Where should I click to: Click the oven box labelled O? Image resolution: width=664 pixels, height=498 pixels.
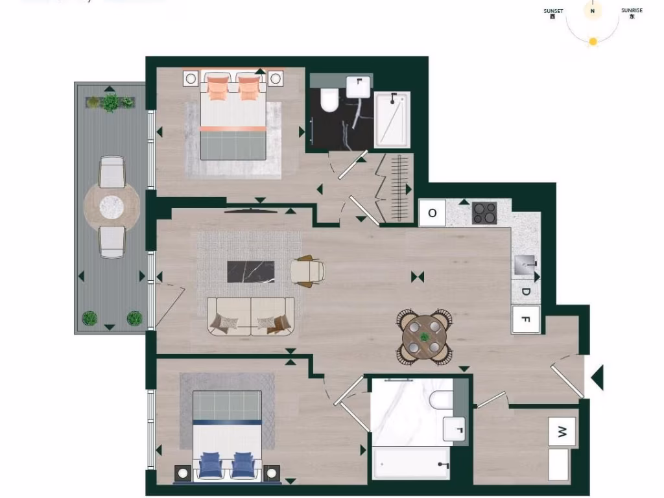click(x=433, y=213)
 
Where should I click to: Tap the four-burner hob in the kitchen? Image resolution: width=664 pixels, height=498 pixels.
click(x=484, y=213)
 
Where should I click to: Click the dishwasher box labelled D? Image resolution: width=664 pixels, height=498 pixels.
click(x=526, y=292)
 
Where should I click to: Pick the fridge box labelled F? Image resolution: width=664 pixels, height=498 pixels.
click(x=526, y=320)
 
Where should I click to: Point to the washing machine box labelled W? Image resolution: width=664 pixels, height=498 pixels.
click(x=562, y=432)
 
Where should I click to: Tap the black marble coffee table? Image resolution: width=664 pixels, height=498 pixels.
click(x=251, y=271)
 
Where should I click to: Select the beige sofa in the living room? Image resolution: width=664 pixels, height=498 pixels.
click(x=251, y=316)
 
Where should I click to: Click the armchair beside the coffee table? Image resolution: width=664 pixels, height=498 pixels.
click(x=307, y=270)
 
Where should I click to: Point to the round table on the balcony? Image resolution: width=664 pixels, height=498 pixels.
click(x=112, y=207)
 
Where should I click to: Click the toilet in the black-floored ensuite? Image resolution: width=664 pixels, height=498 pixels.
click(x=329, y=100)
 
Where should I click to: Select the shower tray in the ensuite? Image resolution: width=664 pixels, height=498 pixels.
click(x=392, y=120)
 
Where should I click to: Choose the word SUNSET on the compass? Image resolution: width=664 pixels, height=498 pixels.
click(x=553, y=11)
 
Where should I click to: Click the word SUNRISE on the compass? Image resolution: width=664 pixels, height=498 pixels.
click(x=632, y=11)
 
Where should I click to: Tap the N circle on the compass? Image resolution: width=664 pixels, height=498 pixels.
click(x=592, y=11)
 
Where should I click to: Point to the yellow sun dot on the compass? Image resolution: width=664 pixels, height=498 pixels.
click(x=593, y=41)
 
